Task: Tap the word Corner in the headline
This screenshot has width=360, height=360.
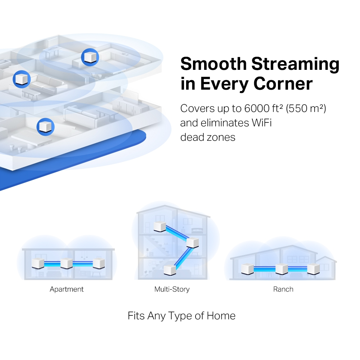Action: pos(283,84)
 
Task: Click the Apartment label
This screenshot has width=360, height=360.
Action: pos(67,289)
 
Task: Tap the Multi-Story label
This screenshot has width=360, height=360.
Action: pos(172,289)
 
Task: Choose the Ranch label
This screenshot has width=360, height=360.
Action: pos(283,289)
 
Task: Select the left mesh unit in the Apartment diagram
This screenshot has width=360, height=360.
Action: pos(38,264)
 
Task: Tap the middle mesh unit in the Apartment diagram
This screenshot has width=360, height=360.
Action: pos(67,264)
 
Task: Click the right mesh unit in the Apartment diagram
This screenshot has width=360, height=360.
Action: pos(98,264)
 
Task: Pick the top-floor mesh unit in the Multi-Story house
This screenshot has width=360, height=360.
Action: pos(159,226)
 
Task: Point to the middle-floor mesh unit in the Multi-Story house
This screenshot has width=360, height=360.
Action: pos(192,243)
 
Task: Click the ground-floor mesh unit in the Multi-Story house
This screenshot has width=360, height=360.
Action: pos(170,269)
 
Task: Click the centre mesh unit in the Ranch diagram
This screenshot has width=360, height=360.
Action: pos(282,269)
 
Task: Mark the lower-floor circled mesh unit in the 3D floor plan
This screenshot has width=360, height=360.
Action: pos(45,127)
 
